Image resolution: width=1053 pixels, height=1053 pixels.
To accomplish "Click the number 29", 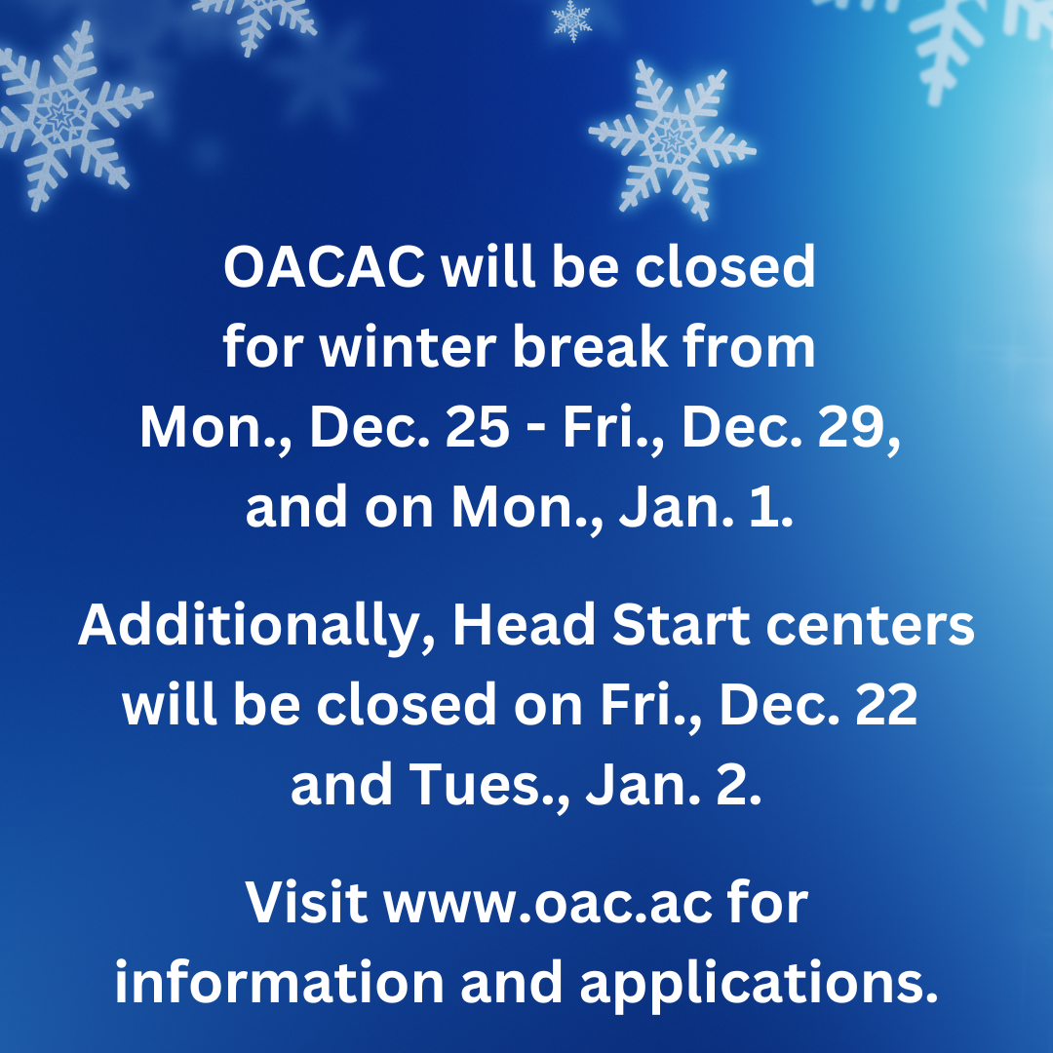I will [854, 428].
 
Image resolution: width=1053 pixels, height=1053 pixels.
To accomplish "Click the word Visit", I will [307, 904].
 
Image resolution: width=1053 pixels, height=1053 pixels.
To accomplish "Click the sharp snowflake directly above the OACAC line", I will [671, 138].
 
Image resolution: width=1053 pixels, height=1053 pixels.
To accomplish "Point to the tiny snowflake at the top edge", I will [571, 19].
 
